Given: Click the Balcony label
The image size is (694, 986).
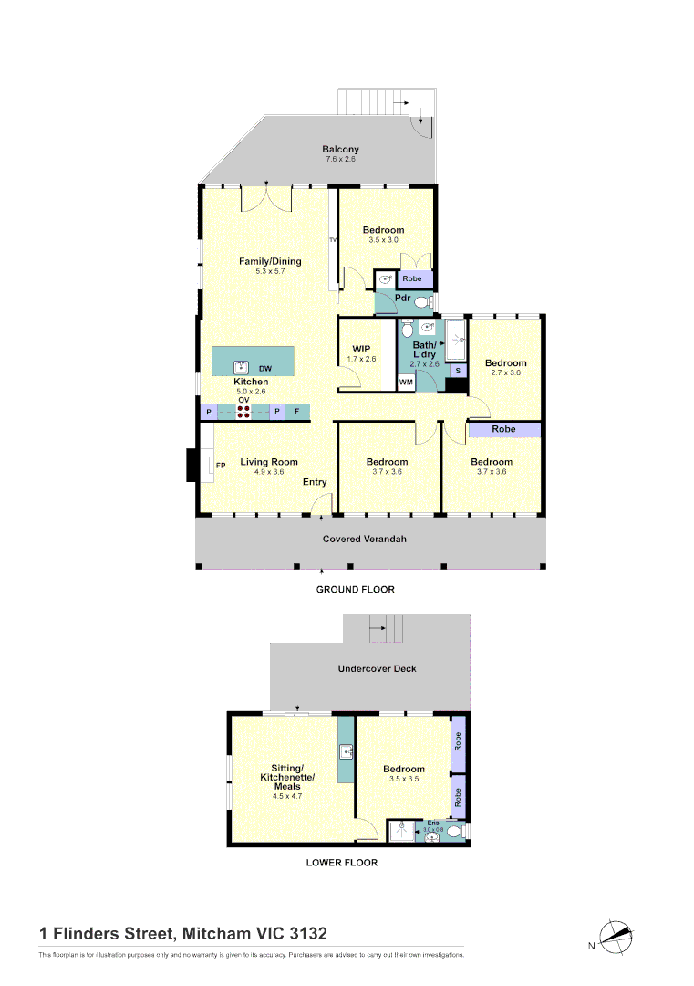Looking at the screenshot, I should (x=341, y=150).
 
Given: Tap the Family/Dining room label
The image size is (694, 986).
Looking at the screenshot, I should (x=270, y=262).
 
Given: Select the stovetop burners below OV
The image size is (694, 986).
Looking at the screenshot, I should (x=244, y=413).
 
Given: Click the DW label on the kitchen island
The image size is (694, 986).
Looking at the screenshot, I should (x=265, y=367).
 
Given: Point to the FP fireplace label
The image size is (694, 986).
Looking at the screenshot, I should (x=221, y=467).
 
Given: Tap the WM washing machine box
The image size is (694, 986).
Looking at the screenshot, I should (x=406, y=383).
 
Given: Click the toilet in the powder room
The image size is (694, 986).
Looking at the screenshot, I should (x=422, y=302).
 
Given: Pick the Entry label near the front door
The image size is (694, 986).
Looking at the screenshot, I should (x=315, y=482).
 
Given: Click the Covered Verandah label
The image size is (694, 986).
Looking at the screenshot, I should (x=365, y=540).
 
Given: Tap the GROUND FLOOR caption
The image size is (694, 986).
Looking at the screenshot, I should (x=356, y=590).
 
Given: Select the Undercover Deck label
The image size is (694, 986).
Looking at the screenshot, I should (x=377, y=669).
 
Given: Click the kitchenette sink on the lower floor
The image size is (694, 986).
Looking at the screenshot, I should (x=347, y=753).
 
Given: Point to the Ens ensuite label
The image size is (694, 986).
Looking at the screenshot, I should (x=433, y=823).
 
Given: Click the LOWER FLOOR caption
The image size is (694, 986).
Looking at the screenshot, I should (x=342, y=863).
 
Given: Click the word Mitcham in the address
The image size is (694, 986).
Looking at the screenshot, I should (x=215, y=934).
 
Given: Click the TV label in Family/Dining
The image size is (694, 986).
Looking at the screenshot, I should (x=333, y=240).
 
